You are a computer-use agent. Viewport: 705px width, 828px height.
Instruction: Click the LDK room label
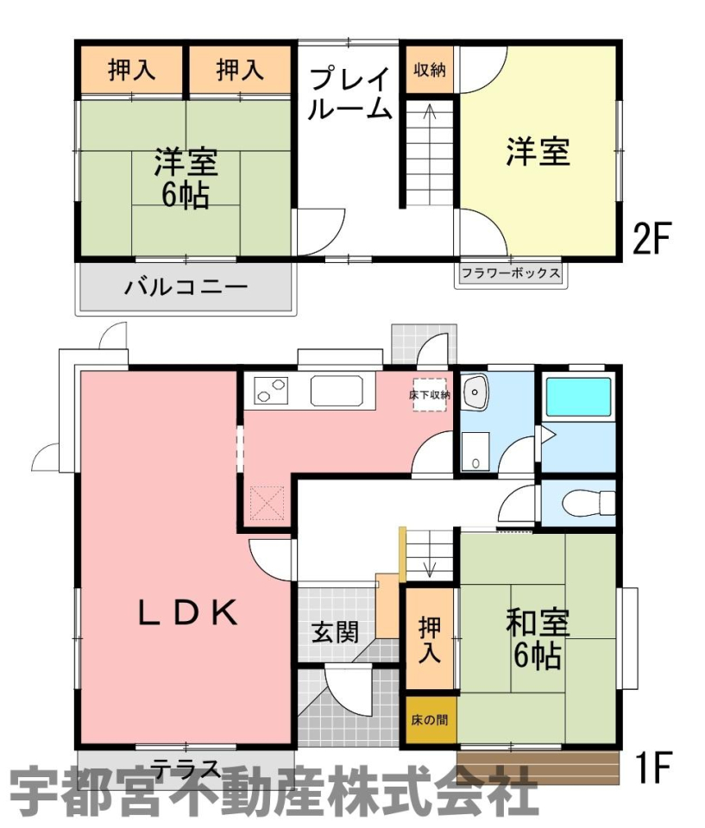pos(187,612)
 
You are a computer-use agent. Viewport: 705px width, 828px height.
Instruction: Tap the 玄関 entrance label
pos(335,632)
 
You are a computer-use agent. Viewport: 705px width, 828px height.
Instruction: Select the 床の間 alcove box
pos(430,719)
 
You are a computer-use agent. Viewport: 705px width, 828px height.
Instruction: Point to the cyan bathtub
pos(578,397)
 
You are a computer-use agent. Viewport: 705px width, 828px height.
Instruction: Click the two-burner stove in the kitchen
pos(271,391)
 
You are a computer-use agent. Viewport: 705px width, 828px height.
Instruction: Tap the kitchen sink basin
pos(337,391)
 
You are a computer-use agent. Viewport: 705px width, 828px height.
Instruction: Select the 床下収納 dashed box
pos(430,394)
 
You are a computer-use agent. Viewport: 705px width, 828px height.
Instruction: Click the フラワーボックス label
pos(511,273)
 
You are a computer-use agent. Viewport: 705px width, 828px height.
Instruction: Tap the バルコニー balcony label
pos(186,287)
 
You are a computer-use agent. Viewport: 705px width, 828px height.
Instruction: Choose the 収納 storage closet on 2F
pos(430,70)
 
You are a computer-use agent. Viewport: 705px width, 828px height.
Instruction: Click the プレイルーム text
pos(349,93)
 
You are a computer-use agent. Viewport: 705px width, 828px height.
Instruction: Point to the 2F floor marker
pos(651,238)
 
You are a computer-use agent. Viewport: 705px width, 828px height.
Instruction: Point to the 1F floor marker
pos(653,768)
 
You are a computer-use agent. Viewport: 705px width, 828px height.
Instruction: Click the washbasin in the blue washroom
pos(475,392)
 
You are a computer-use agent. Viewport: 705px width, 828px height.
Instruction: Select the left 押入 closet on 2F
pos(131,70)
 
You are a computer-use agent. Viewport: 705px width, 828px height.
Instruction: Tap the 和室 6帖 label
pos(537,639)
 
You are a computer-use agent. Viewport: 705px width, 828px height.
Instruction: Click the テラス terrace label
pos(186,768)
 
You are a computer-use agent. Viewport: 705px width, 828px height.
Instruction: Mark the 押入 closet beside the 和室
pos(430,638)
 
